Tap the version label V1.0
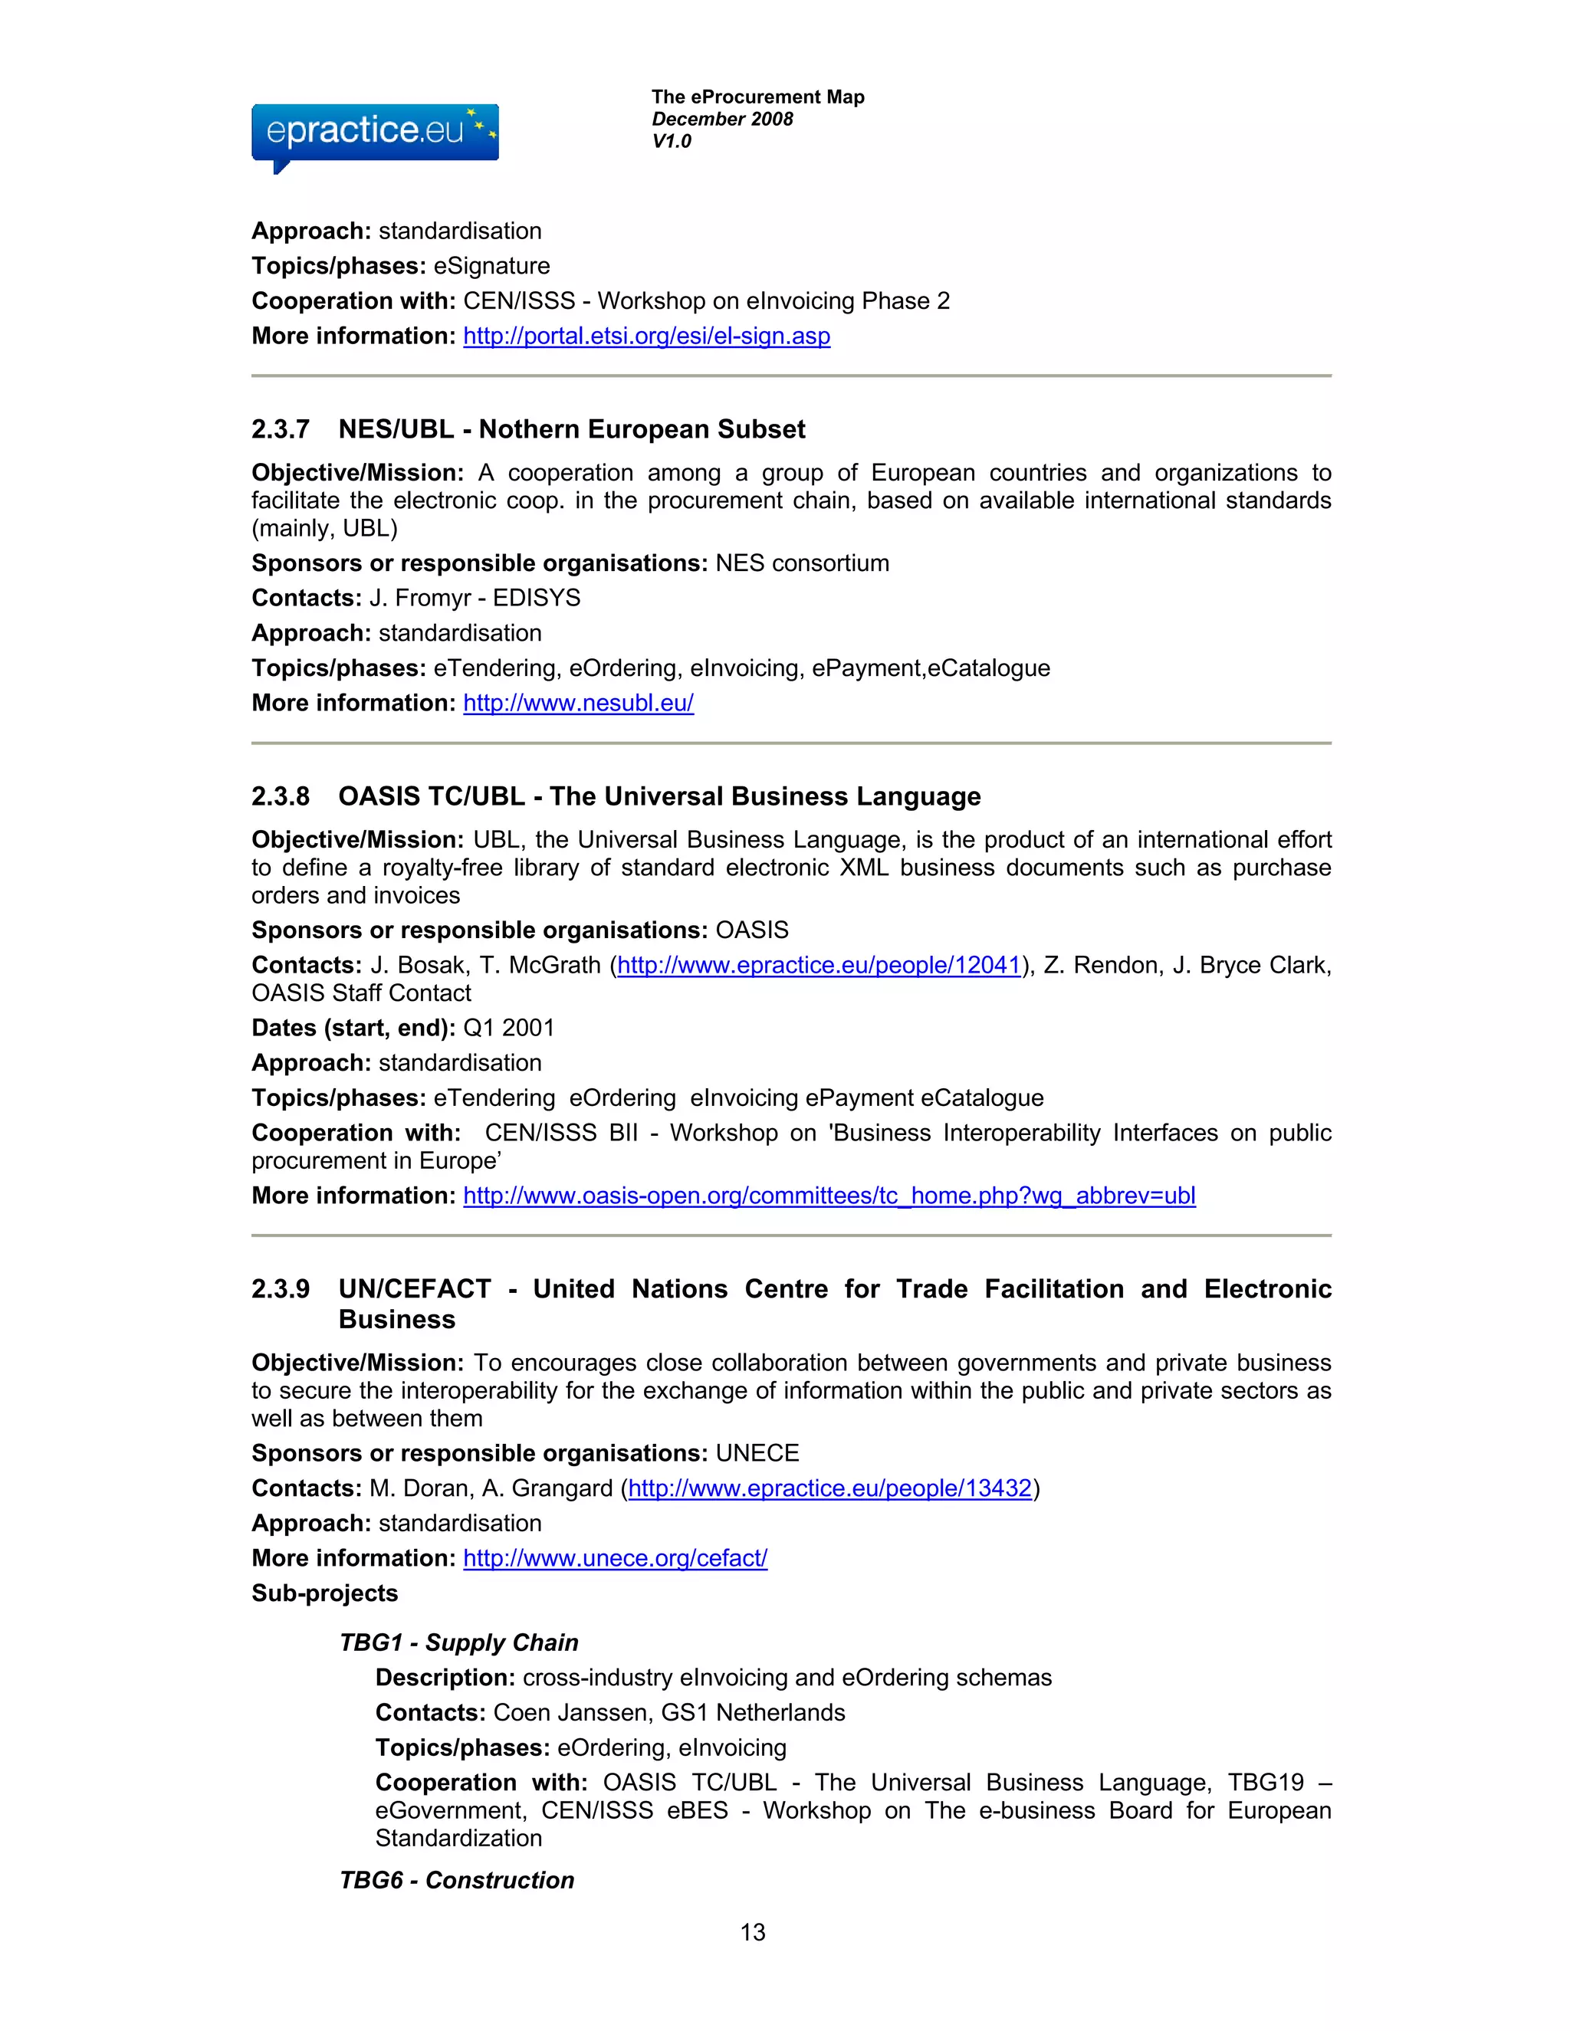pyautogui.click(x=672, y=141)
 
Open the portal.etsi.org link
pyautogui.click(x=646, y=336)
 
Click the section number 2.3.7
pyautogui.click(x=280, y=430)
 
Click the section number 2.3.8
pyautogui.click(x=280, y=797)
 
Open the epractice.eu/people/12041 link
pyautogui.click(x=819, y=965)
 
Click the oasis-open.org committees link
pyautogui.click(x=829, y=1196)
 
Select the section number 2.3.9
pyautogui.click(x=280, y=1289)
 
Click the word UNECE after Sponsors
pyautogui.click(x=757, y=1453)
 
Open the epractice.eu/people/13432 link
pyautogui.click(x=829, y=1489)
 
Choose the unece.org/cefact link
pyautogui.click(x=615, y=1559)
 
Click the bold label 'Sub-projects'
pyautogui.click(x=324, y=1594)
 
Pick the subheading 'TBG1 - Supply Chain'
pyautogui.click(x=458, y=1643)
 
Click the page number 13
pyautogui.click(x=753, y=1932)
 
